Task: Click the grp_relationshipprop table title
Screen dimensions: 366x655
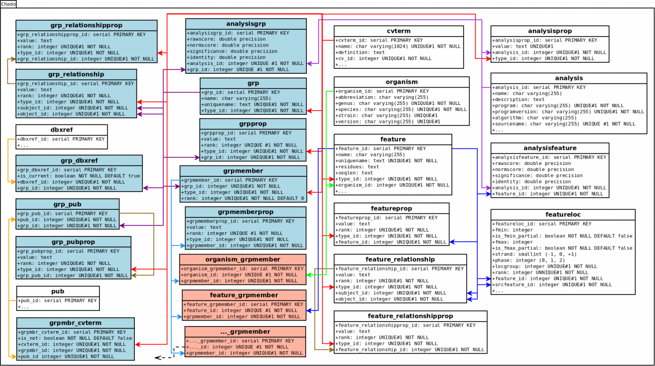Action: click(x=86, y=26)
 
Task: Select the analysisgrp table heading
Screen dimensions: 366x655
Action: click(x=246, y=24)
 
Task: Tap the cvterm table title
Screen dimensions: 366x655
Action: click(x=398, y=31)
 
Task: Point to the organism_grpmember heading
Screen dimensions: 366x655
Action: click(x=243, y=259)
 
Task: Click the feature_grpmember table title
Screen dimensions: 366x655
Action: click(x=243, y=296)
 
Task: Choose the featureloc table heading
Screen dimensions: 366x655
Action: click(x=563, y=215)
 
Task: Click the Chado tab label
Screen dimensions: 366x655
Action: click(x=8, y=4)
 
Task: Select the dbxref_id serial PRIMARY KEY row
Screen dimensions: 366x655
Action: click(x=61, y=139)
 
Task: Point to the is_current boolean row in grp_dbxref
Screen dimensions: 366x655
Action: click(x=79, y=176)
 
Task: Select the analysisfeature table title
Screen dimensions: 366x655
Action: click(x=550, y=148)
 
